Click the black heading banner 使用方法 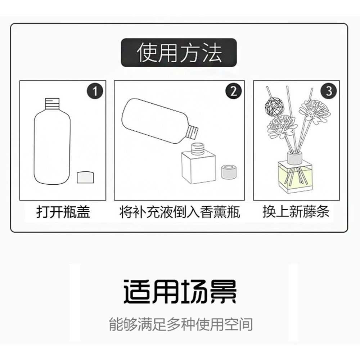tap(179, 53)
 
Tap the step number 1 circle tap(95, 91)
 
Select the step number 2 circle tap(233, 91)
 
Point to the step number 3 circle tap(329, 91)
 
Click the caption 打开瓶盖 tap(63, 212)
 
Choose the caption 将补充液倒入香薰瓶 tap(180, 212)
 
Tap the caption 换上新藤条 tap(296, 212)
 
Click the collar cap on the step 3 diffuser tap(295, 157)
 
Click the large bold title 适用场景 tap(180, 291)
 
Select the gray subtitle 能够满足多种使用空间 tap(180, 324)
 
